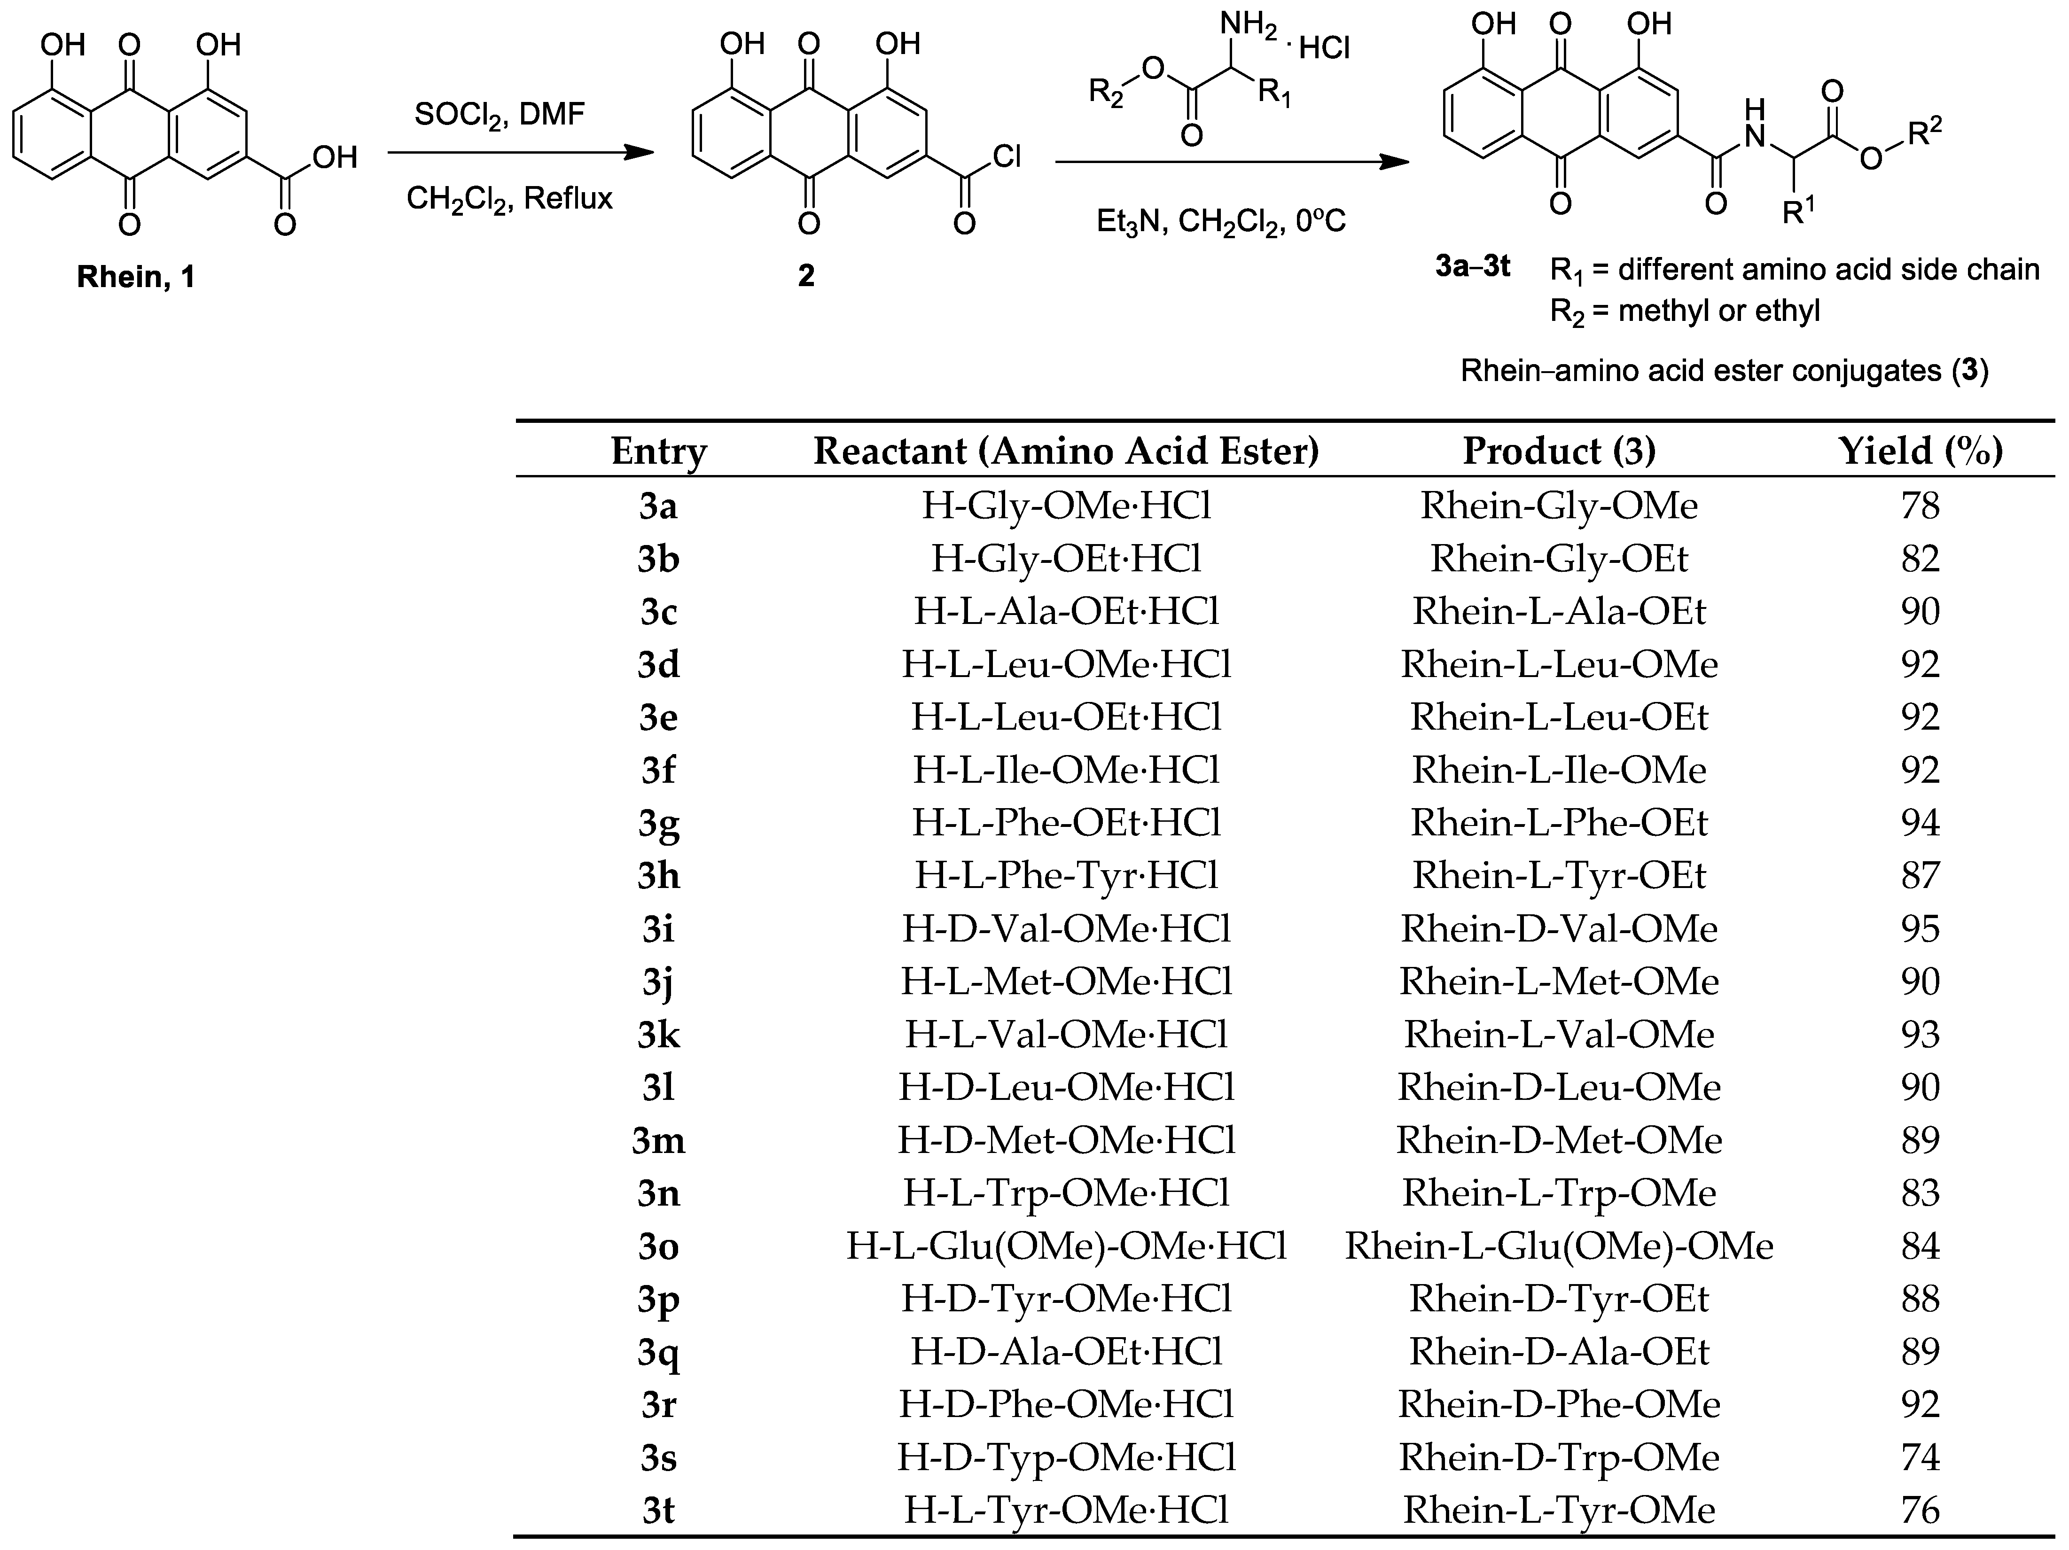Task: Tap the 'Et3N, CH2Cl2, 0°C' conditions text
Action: pos(1221,222)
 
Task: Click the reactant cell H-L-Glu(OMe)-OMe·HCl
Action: pos(1066,1246)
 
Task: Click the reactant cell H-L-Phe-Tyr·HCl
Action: pos(1066,876)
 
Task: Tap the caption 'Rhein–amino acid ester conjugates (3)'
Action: pos(1724,371)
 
